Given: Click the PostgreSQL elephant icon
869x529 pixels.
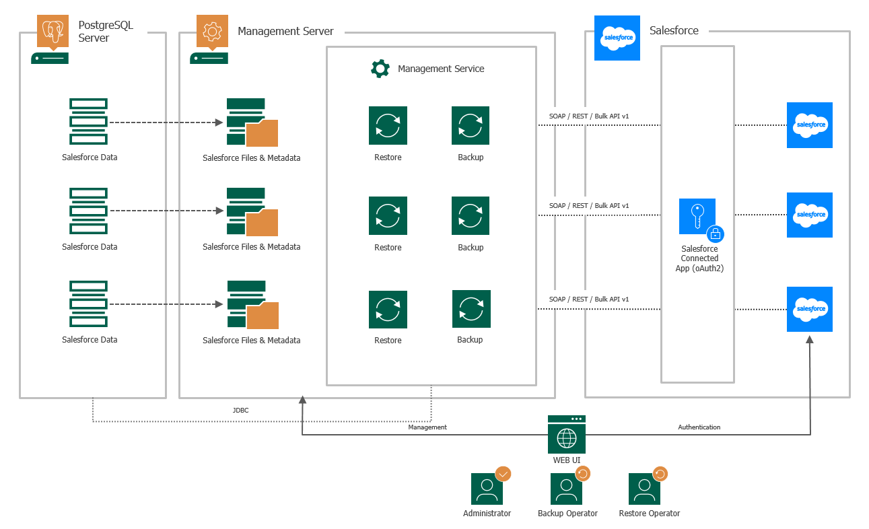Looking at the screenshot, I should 53,31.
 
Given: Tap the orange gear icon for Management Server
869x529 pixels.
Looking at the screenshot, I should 212,31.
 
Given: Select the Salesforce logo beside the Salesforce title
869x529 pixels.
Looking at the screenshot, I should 617,38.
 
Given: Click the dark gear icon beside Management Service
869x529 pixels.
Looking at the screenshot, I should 380,69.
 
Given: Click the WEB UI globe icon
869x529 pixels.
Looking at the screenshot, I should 566,437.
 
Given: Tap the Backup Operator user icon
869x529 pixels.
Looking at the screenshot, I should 566,489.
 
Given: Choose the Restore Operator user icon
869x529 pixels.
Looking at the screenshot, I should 645,489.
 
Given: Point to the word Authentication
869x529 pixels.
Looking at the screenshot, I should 699,427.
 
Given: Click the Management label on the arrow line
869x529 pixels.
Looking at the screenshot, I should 427,427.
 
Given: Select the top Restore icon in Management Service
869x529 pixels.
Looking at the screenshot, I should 388,125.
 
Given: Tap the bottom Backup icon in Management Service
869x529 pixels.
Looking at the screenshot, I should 471,309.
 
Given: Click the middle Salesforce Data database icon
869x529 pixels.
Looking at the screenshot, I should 89,211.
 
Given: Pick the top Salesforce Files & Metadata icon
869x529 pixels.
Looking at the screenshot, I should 252,122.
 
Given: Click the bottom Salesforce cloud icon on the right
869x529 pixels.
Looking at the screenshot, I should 810,309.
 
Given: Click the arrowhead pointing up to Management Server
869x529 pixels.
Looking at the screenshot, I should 303,400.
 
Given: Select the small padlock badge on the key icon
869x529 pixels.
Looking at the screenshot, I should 715,234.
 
